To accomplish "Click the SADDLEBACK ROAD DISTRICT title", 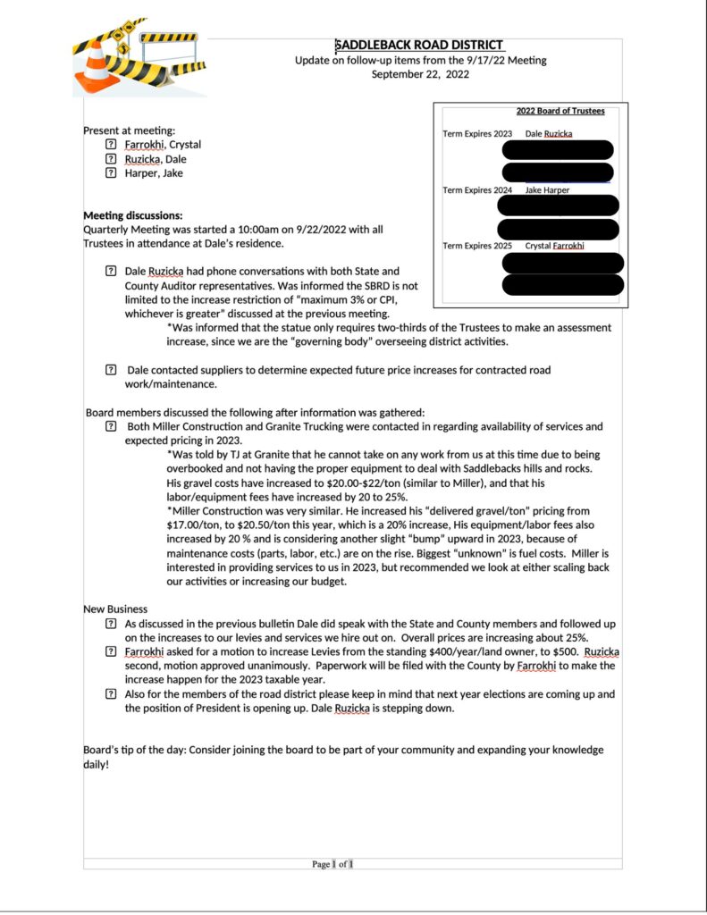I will point(419,46).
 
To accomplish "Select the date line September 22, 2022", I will point(420,74).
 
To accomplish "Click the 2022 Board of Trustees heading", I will point(560,111).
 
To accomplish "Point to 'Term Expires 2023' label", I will point(477,134).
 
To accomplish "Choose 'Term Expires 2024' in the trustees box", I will point(477,190).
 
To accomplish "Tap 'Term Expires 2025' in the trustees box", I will point(477,246).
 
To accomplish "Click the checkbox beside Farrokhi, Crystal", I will point(111,145).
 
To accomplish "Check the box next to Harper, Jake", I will point(111,173).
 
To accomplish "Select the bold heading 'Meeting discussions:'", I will point(132,215).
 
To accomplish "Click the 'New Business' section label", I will point(115,609).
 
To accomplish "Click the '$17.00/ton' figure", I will point(194,525).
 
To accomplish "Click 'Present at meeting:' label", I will point(129,130).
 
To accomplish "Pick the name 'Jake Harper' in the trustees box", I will point(547,190).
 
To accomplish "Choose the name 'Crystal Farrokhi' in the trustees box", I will point(554,246).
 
